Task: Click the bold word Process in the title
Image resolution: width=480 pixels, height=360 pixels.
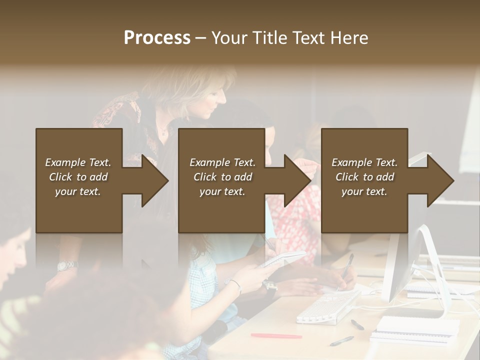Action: [x=157, y=38]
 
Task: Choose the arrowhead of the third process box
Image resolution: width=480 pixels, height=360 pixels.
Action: [x=439, y=181]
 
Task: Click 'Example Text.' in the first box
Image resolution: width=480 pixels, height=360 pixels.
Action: [x=78, y=162]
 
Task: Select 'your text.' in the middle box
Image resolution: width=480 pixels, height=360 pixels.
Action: [x=222, y=191]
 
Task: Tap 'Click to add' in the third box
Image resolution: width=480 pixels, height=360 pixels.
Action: [x=364, y=177]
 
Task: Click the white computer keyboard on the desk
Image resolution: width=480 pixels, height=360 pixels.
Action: [x=327, y=306]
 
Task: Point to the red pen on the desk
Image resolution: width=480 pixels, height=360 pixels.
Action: [x=276, y=335]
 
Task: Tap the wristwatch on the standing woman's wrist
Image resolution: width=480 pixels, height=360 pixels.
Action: [x=66, y=265]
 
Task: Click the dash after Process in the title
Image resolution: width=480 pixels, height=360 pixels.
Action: [x=200, y=38]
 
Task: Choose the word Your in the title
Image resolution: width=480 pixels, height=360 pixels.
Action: [x=230, y=38]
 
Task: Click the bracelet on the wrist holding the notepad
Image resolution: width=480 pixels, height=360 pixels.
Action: [x=235, y=284]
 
